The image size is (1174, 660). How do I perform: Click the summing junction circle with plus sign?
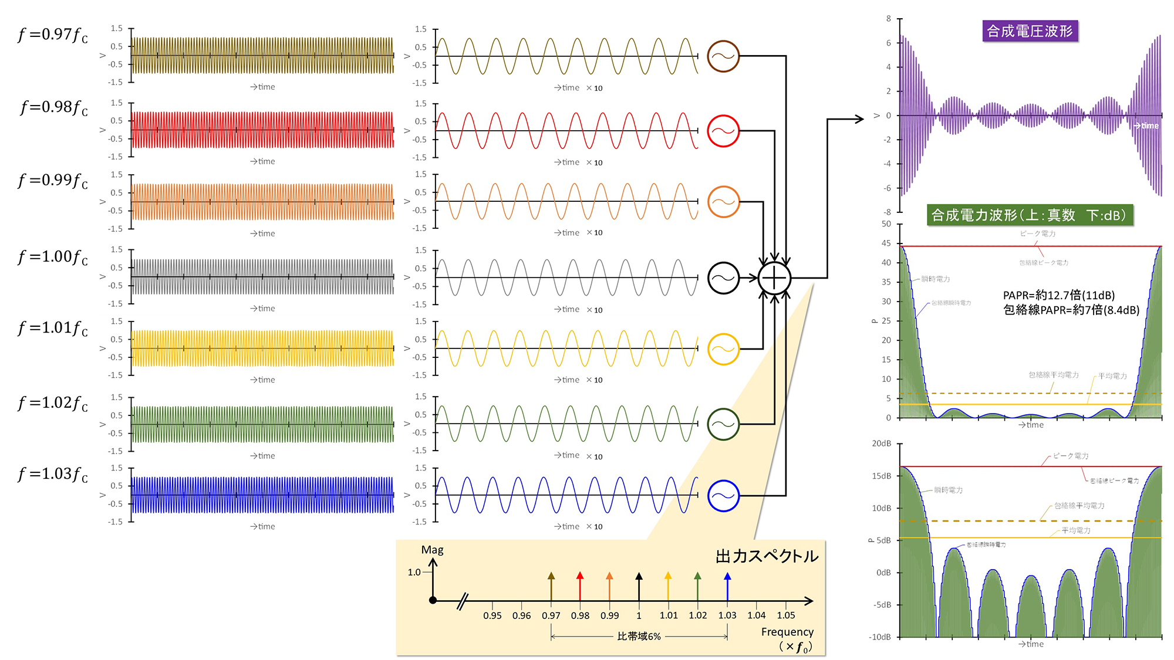click(x=774, y=278)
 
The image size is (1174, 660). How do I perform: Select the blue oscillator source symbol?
click(x=723, y=496)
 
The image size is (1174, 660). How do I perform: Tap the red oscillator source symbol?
click(x=723, y=131)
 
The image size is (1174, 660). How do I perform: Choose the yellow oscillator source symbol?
click(x=723, y=349)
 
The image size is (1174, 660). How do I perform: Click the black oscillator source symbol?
click(x=723, y=278)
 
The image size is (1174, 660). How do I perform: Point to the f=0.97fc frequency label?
click(x=53, y=35)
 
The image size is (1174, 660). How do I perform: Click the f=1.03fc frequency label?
click(x=53, y=475)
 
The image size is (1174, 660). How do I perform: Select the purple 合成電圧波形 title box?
click(x=1030, y=31)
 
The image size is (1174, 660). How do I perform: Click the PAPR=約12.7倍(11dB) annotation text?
click(x=1058, y=295)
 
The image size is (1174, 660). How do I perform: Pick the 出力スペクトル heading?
click(x=767, y=556)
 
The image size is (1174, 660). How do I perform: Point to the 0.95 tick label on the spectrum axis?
click(x=492, y=615)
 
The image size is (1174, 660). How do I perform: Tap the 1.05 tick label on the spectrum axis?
click(x=786, y=615)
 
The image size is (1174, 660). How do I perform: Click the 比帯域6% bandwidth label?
click(x=639, y=637)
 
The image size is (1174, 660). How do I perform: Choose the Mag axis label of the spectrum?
click(x=433, y=550)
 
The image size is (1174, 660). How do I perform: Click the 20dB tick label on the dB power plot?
click(x=881, y=444)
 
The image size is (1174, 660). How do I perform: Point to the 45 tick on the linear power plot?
click(x=886, y=243)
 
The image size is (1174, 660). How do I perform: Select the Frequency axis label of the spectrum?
click(x=787, y=632)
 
